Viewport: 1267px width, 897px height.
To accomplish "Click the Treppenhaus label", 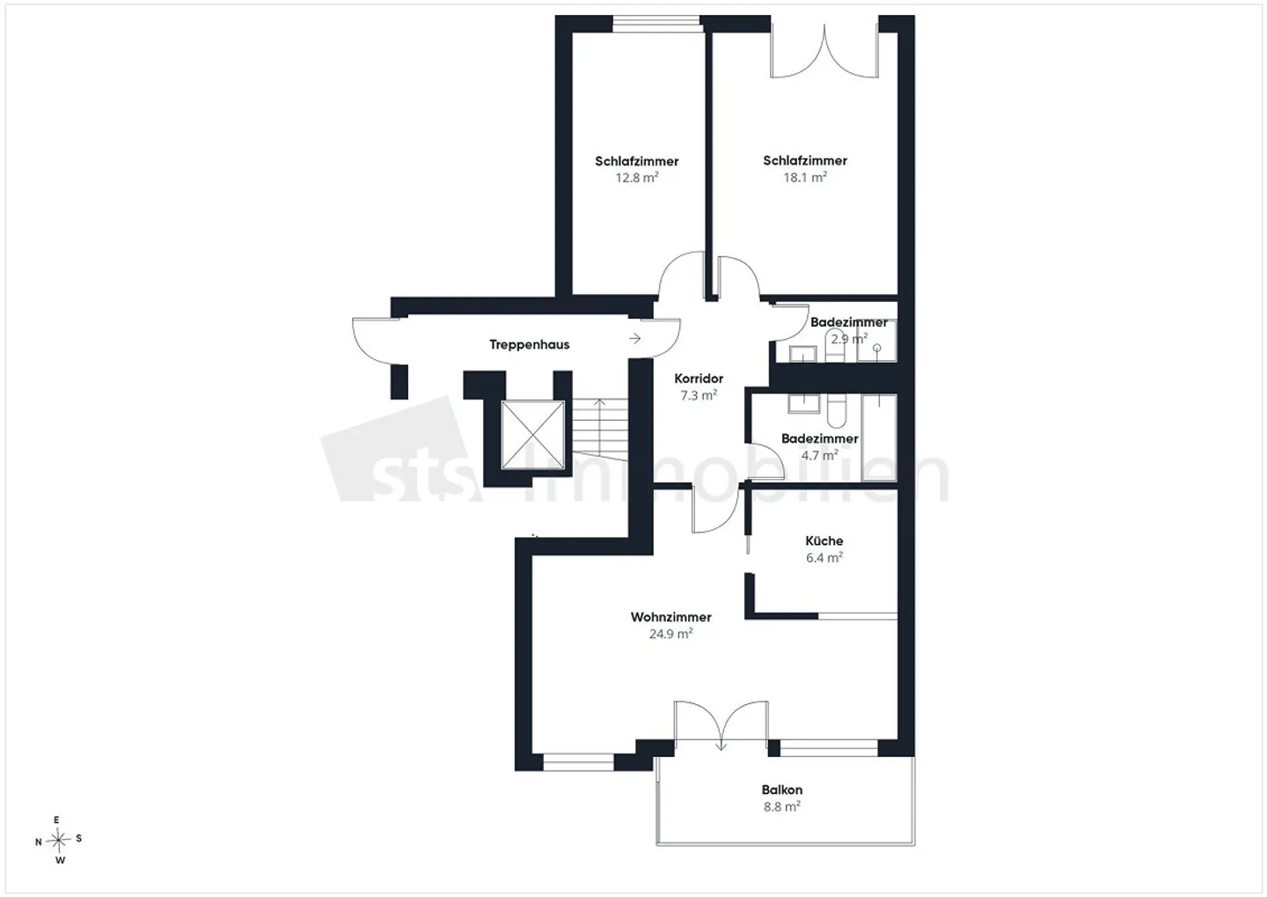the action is point(529,345).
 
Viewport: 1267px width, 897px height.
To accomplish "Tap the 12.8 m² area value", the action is point(637,178).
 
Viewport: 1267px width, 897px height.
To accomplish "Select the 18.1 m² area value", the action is point(805,177).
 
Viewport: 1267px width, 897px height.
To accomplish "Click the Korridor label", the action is point(699,379).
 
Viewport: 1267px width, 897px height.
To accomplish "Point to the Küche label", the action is point(824,540).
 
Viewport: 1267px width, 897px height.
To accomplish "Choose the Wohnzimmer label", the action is point(670,617).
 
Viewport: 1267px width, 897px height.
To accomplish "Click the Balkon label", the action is point(781,790).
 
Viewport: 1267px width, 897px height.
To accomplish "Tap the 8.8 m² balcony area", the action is point(781,806).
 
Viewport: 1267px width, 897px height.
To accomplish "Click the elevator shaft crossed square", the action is point(533,435).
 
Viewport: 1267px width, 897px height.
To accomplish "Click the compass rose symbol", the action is point(58,841).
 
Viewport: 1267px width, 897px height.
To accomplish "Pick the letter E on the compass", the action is point(56,820).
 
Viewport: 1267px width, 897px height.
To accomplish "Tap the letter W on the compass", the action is point(60,860).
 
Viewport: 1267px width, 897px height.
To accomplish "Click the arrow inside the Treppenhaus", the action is point(634,338).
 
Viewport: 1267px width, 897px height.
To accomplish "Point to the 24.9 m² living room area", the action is point(670,634).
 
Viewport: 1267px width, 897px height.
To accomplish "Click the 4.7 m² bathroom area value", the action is point(820,455).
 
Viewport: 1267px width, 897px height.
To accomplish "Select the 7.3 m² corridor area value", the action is point(699,395).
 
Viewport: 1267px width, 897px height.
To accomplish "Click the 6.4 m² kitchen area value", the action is point(824,557).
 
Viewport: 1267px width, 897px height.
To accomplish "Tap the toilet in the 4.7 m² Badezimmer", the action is point(837,411).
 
